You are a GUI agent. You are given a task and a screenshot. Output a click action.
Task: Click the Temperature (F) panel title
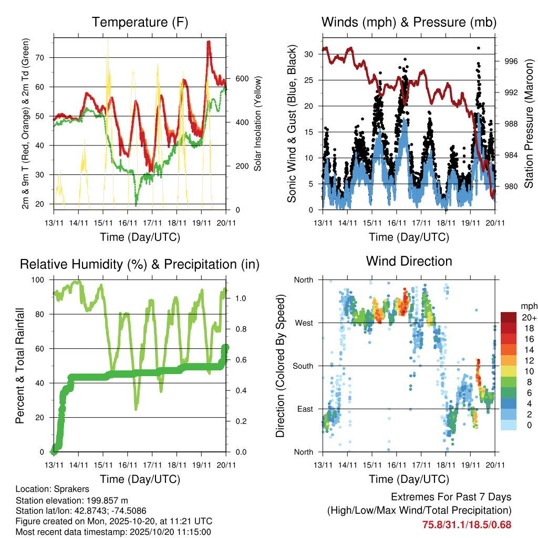(x=140, y=22)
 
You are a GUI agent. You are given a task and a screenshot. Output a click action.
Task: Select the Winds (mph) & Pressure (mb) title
(x=409, y=22)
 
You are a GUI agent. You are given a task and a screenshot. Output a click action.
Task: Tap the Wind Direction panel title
(x=409, y=261)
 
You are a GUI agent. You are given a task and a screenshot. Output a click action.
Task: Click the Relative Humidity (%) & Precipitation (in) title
(x=140, y=264)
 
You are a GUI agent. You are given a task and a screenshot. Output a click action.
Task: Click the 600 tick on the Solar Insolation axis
(x=241, y=79)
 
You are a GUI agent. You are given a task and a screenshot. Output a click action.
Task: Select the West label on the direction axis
(x=303, y=323)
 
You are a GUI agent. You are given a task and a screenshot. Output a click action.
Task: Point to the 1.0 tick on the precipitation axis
(x=241, y=298)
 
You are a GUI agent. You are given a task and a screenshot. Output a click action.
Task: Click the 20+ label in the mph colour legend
(x=528, y=317)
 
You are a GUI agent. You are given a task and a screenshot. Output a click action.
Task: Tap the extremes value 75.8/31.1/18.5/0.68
(x=467, y=524)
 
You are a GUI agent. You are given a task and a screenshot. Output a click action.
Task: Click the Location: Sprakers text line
(x=53, y=489)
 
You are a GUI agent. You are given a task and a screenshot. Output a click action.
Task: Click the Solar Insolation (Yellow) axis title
(x=258, y=123)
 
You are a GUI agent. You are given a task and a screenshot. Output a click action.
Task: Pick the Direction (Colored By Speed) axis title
(x=280, y=366)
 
